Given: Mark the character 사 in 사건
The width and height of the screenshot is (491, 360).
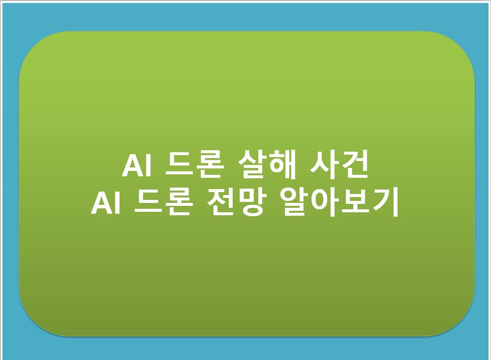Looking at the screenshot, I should click(323, 166).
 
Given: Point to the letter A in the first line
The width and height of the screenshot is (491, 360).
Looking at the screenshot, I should click(131, 166).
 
